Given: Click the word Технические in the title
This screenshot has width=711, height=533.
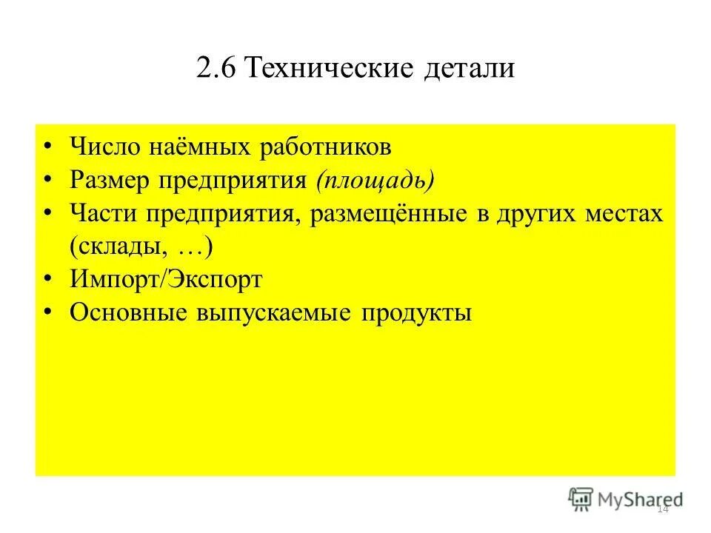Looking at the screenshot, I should (330, 69).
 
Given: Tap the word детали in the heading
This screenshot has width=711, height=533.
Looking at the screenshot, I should (470, 69).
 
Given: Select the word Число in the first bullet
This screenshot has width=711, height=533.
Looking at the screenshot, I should (104, 147).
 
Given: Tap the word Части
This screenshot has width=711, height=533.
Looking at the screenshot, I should (103, 214).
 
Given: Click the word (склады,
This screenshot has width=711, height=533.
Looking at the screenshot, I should (116, 247).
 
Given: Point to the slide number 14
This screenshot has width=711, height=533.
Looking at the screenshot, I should (663, 509).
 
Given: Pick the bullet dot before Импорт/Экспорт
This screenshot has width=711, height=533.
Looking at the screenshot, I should (48, 280).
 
